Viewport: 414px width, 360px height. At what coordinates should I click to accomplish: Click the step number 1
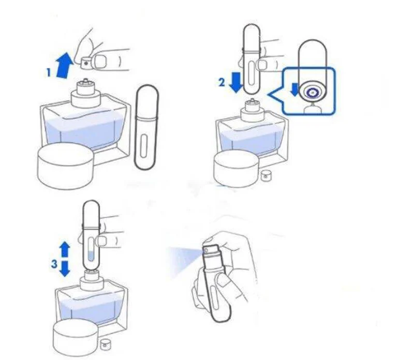tap(49, 72)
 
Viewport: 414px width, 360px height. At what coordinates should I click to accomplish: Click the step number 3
tap(54, 264)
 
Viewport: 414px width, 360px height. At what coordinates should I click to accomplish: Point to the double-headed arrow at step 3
tap(65, 259)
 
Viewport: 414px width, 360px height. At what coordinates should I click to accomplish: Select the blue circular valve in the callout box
tap(313, 92)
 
